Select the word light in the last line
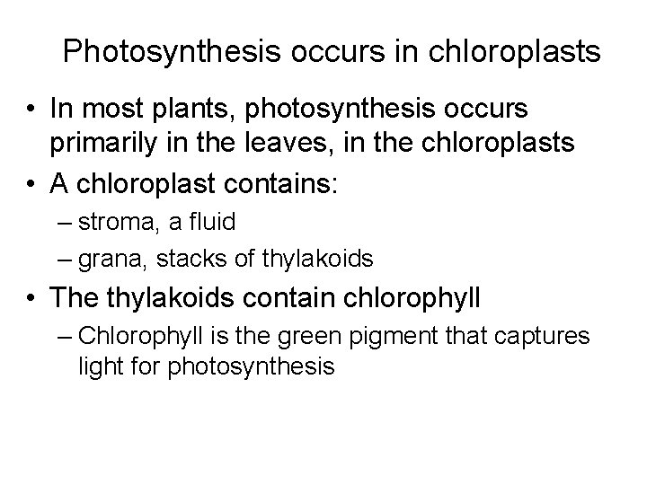[x=97, y=366]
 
